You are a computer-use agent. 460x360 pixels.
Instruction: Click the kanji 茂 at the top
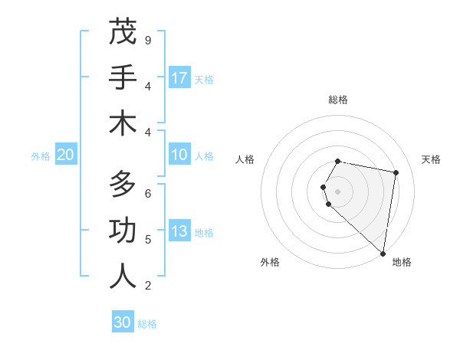123,31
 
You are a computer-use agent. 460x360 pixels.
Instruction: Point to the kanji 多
123,185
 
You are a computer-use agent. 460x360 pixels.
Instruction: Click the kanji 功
123,231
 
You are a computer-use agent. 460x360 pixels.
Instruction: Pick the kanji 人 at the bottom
123,277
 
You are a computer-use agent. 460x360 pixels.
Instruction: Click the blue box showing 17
179,77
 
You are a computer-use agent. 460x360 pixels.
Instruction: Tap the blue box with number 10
179,155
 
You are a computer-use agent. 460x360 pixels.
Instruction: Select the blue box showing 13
179,231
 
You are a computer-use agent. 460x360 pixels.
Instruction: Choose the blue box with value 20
65,155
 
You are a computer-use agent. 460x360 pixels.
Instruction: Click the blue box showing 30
123,322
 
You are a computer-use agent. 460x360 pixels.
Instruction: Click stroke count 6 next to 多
147,193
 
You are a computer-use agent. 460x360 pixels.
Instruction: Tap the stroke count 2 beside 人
147,286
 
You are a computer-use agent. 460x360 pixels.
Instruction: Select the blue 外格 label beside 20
41,156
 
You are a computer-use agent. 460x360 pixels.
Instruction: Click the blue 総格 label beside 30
147,324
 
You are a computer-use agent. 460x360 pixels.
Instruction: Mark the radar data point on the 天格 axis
396,172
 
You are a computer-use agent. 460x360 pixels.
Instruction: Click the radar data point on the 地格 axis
383,253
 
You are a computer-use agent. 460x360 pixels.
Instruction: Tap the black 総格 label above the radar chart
338,100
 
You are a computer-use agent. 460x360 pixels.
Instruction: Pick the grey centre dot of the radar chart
338,191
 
